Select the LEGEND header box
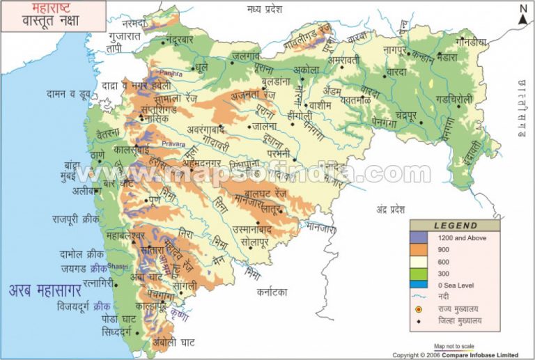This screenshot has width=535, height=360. (455, 226)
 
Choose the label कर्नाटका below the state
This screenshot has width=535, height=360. (277, 292)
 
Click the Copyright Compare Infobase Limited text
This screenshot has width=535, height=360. (456, 355)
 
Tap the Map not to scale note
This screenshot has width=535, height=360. (454, 346)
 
